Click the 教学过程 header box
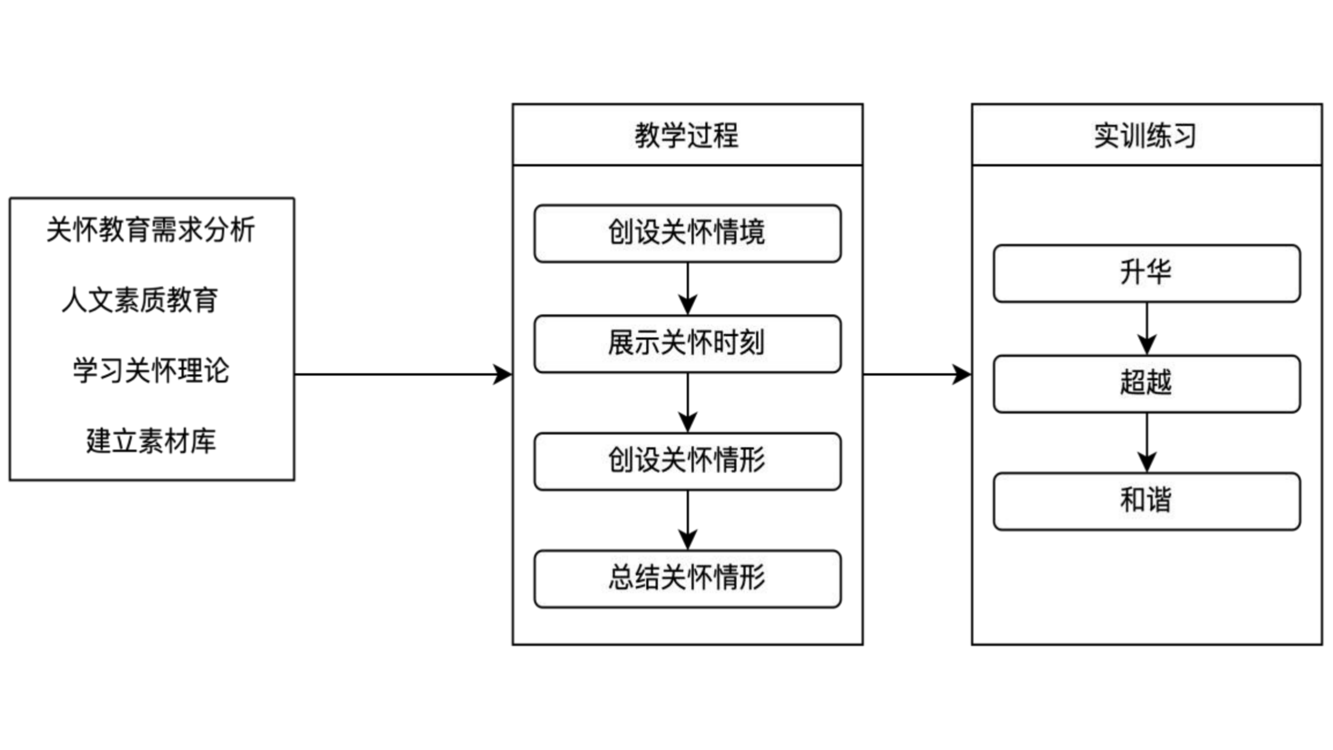point(687,135)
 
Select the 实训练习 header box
point(1147,135)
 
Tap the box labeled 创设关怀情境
point(687,233)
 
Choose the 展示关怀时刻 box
point(687,344)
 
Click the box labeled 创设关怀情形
point(687,461)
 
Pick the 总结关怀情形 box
point(687,579)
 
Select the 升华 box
point(1147,273)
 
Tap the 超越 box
point(1147,384)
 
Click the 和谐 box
point(1147,501)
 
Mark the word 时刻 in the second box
point(739,343)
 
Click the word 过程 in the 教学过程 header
point(713,135)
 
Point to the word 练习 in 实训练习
point(1172,135)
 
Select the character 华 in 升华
point(1159,272)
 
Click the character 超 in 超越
point(1133,383)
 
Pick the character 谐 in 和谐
point(1159,500)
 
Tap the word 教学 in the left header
point(661,135)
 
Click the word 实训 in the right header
point(1120,135)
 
